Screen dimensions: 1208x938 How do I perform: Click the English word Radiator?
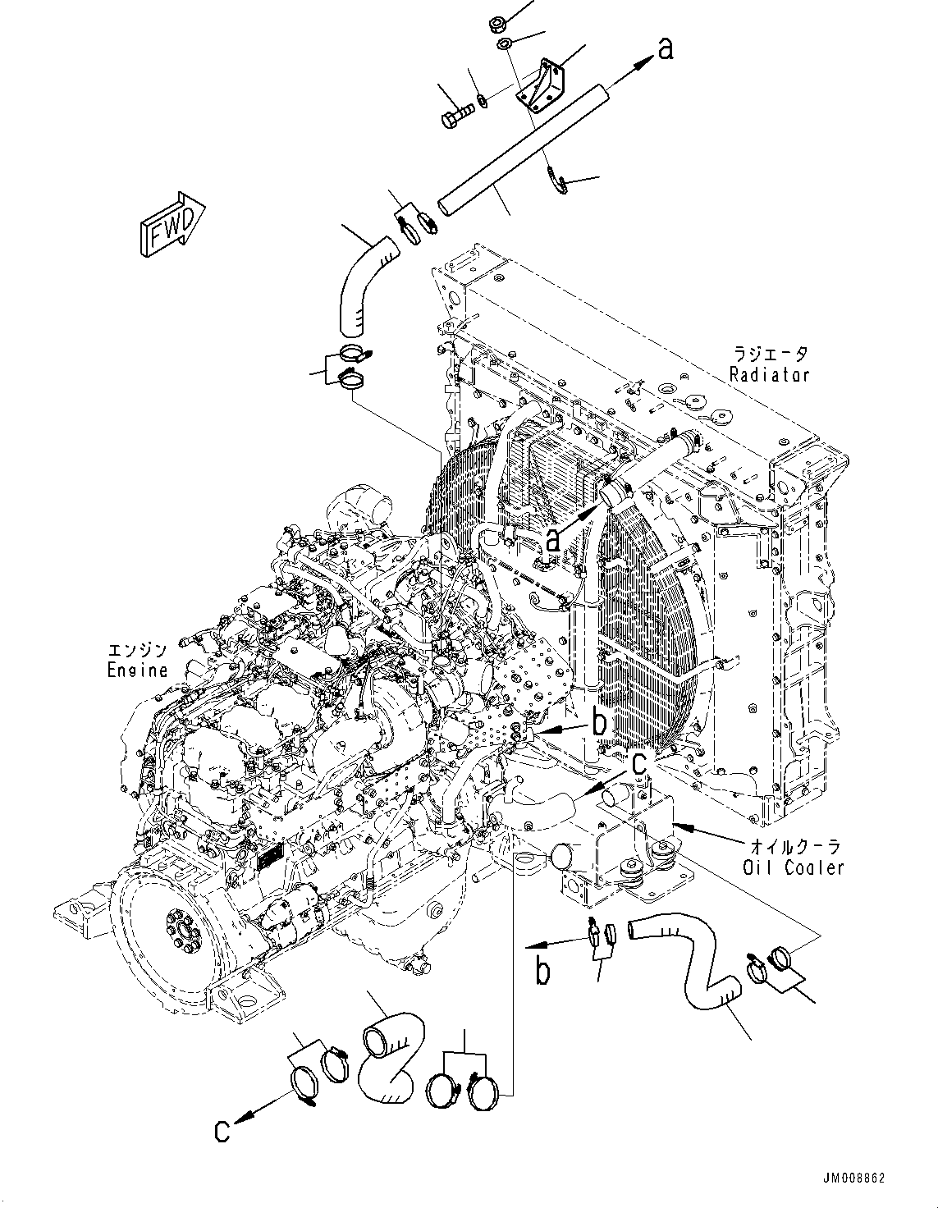point(771,375)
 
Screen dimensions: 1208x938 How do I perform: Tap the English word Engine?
point(137,670)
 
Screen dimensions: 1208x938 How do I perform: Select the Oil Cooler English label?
point(793,867)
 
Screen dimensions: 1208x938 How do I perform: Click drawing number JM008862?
point(846,1178)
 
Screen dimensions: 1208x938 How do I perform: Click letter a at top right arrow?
point(666,49)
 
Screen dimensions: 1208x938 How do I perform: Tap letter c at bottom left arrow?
point(222,1131)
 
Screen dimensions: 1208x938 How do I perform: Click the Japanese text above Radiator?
point(771,355)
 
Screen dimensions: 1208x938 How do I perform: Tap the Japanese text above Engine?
point(137,650)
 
